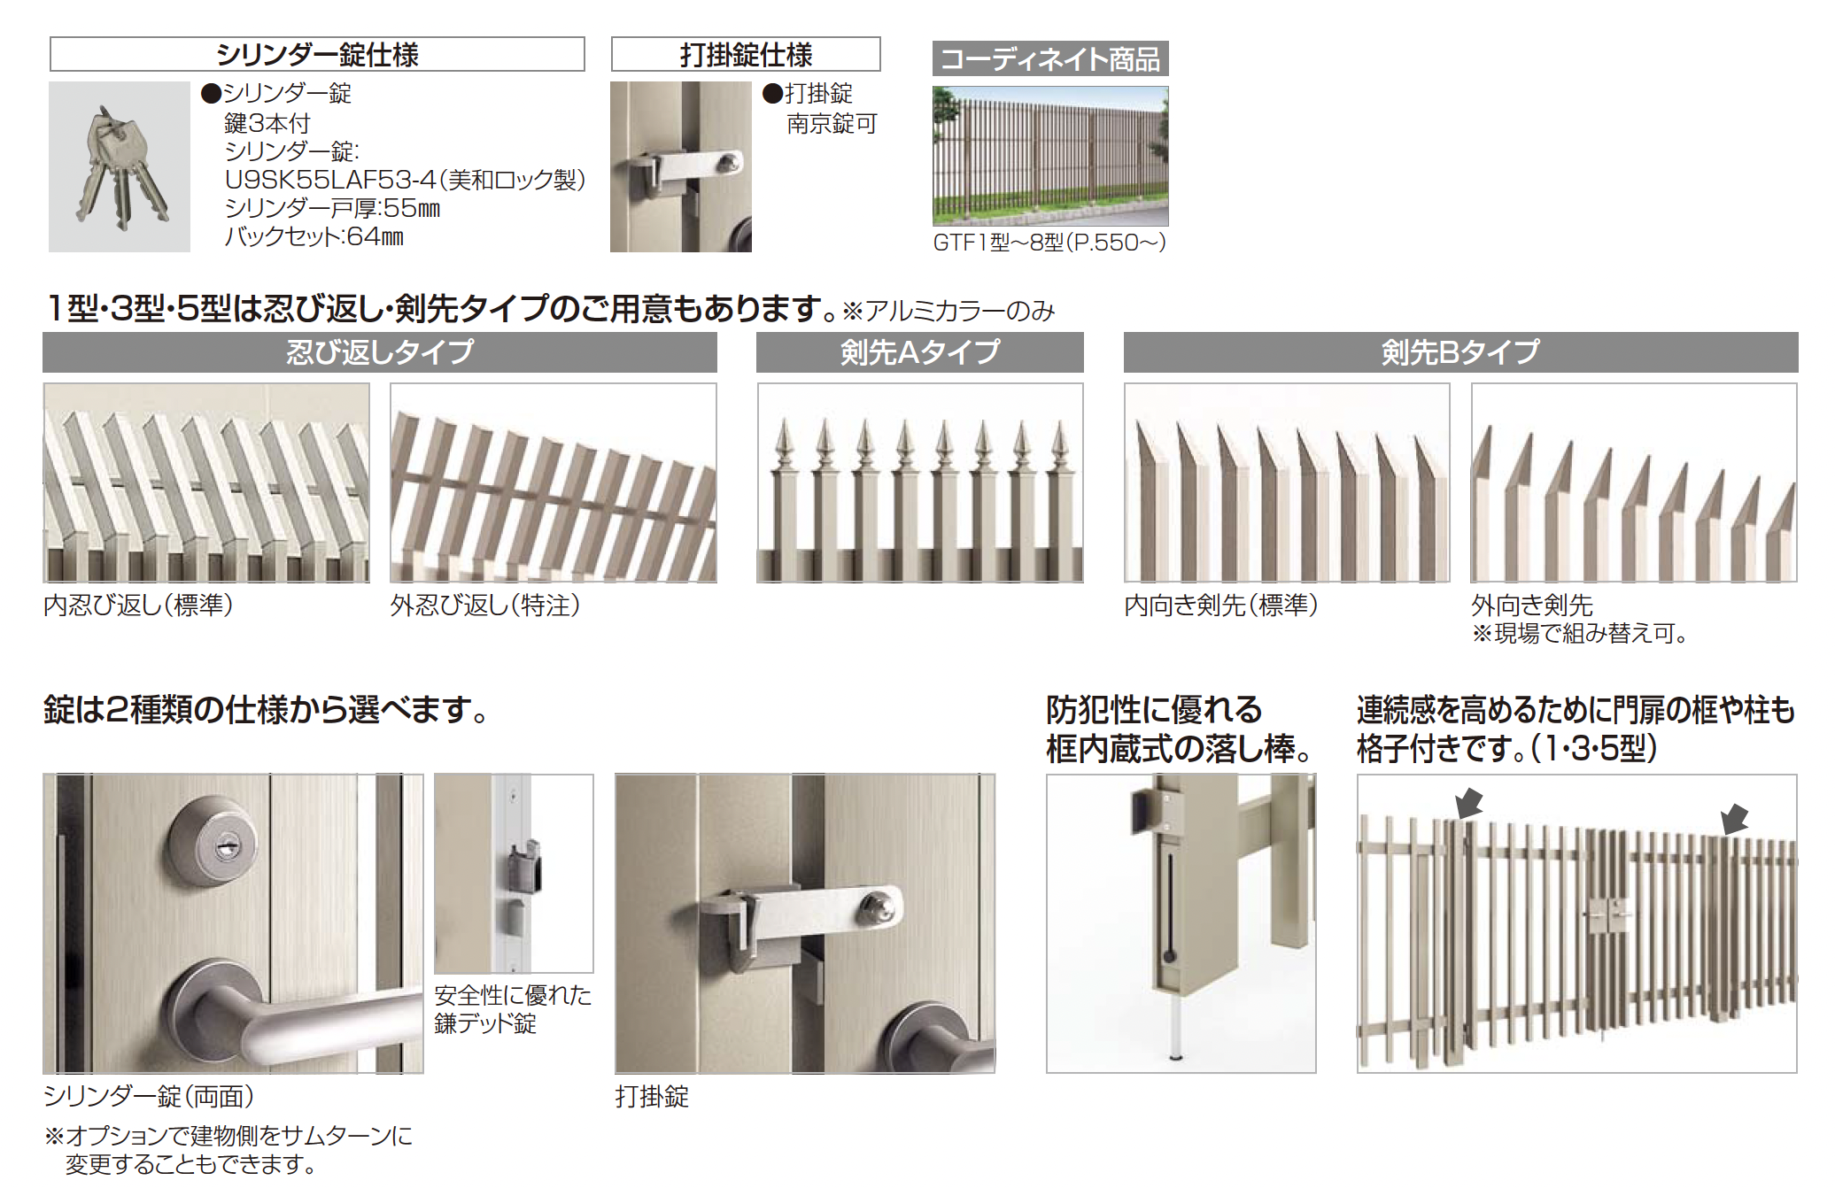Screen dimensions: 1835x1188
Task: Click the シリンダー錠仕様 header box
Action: click(317, 54)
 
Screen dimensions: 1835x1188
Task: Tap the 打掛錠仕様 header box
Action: click(746, 54)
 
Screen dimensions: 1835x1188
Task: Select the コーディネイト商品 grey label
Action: click(1050, 58)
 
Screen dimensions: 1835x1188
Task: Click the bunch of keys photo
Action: click(120, 166)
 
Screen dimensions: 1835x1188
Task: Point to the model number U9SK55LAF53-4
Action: click(330, 180)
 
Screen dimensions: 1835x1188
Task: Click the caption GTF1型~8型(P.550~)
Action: click(1049, 242)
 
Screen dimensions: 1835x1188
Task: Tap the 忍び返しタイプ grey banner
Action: click(380, 352)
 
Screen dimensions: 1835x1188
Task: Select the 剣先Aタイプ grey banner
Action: click(920, 352)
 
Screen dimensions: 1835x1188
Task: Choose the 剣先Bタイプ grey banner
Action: click(1461, 352)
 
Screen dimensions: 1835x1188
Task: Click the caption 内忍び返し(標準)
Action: click(138, 605)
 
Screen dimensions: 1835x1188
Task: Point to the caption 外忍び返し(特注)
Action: click(485, 605)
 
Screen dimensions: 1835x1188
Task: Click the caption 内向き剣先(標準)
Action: click(1221, 605)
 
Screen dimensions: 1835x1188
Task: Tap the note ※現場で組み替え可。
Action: click(1580, 633)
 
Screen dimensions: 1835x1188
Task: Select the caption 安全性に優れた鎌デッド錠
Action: click(513, 1009)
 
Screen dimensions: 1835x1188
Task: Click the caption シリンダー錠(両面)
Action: click(149, 1097)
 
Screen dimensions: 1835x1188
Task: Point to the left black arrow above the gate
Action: click(1468, 803)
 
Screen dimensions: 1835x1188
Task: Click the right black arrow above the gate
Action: click(1734, 818)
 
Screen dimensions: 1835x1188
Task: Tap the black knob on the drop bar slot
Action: click(1169, 956)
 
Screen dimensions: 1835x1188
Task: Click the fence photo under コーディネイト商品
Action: click(1050, 156)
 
